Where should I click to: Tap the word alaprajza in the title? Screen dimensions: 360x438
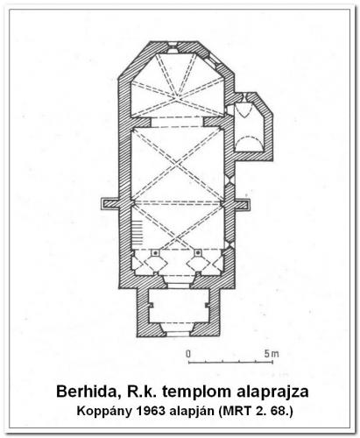click(272, 392)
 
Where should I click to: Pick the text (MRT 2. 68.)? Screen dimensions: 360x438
click(256, 412)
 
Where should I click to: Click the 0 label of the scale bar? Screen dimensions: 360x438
click(188, 354)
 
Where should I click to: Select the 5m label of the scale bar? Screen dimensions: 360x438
click(272, 354)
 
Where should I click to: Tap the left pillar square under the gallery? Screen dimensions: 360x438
click(156, 252)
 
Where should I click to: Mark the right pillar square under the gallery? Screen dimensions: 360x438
click(198, 252)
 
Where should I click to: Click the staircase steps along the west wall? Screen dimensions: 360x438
click(137, 233)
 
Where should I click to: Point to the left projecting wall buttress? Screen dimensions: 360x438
click(109, 203)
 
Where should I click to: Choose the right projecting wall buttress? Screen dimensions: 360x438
click(243, 203)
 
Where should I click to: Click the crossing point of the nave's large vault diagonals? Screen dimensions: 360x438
click(176, 165)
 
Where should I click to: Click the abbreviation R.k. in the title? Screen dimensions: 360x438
click(140, 392)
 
